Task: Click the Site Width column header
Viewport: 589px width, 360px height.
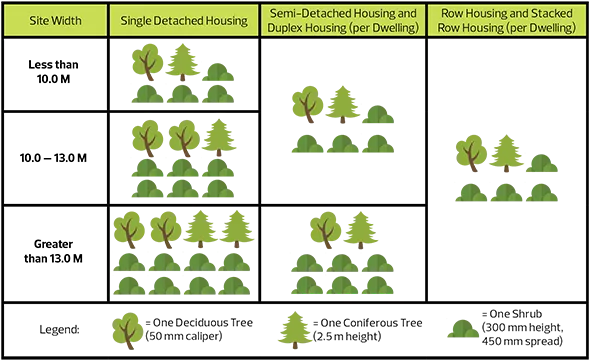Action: (x=55, y=20)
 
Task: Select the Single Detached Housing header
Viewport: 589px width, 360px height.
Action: (x=184, y=20)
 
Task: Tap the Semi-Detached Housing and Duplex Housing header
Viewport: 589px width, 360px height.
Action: (x=343, y=20)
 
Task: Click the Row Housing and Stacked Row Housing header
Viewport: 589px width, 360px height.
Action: (x=507, y=20)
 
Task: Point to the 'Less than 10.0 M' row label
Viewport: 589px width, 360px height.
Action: (x=53, y=71)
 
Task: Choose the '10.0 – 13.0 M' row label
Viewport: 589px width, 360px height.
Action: (x=53, y=157)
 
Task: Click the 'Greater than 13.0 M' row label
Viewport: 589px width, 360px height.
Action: (x=53, y=251)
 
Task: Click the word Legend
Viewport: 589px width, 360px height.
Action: (x=59, y=330)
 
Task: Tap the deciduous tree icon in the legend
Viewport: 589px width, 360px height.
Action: (x=128, y=331)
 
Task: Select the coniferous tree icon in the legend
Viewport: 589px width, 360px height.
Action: (x=295, y=330)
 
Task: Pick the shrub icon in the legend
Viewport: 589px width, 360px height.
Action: (x=463, y=329)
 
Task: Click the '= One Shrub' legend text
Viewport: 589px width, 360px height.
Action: (x=512, y=314)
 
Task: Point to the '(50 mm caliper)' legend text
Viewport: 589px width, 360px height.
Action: (x=184, y=336)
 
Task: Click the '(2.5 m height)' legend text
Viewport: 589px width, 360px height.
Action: (x=347, y=336)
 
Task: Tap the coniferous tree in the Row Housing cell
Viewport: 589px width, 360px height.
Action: (x=506, y=153)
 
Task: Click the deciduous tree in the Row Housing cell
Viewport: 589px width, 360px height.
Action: (x=471, y=153)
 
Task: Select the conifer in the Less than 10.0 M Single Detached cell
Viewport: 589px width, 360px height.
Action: (x=183, y=62)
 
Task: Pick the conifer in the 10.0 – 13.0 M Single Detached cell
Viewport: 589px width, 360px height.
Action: (x=219, y=138)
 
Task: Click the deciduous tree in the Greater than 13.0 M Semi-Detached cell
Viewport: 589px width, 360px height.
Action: (x=326, y=230)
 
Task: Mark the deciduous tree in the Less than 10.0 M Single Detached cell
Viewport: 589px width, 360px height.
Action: (x=148, y=62)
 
